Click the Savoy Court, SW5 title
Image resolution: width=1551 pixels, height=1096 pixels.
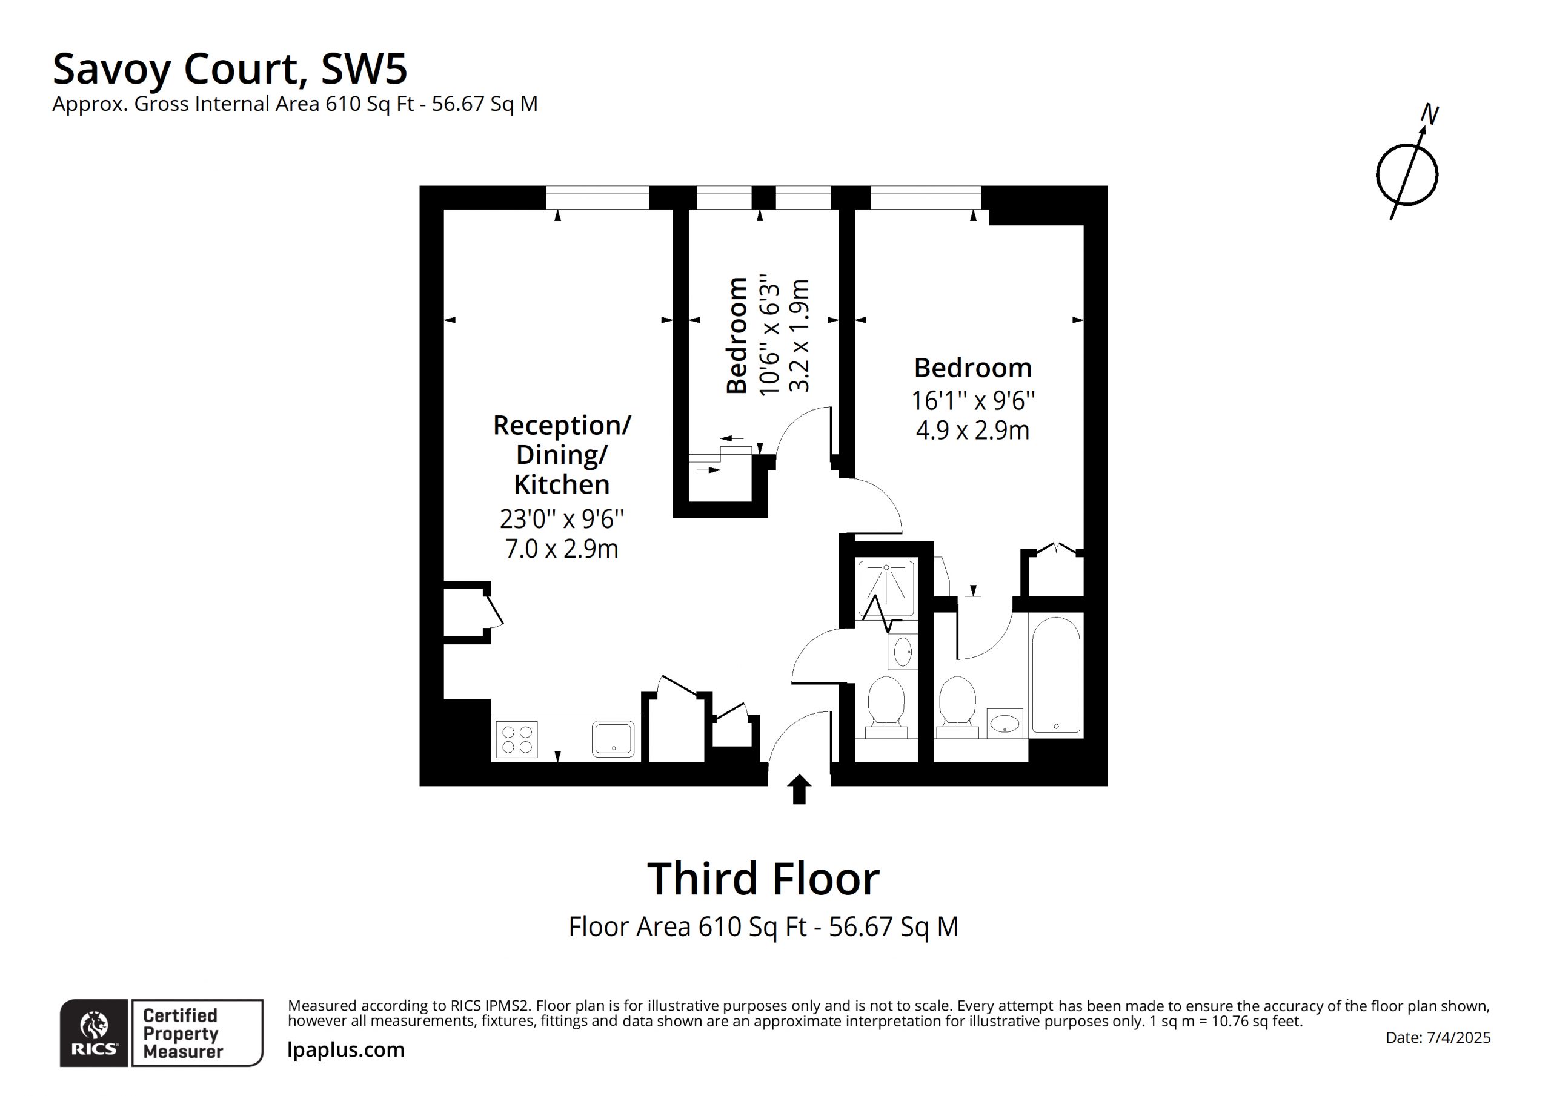point(230,69)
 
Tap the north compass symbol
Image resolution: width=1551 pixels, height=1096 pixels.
point(1408,174)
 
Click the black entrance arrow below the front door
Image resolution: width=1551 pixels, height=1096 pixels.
point(799,789)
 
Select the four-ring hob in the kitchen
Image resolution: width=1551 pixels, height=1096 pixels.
point(517,739)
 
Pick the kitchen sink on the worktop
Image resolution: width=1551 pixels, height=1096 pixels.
point(613,738)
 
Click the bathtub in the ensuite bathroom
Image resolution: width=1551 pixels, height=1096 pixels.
point(1056,675)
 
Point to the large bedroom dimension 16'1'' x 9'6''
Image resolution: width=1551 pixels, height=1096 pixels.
point(973,400)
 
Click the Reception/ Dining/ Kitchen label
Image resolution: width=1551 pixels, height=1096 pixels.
point(562,455)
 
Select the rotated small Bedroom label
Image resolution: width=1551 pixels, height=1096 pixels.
point(736,335)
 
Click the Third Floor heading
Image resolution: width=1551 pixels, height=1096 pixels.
point(763,879)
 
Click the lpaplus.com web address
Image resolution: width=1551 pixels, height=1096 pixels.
point(346,1049)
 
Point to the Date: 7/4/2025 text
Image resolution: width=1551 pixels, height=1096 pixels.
point(1438,1037)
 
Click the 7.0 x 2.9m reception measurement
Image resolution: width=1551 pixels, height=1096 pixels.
point(562,549)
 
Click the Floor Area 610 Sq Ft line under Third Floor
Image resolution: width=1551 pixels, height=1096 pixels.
point(763,926)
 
